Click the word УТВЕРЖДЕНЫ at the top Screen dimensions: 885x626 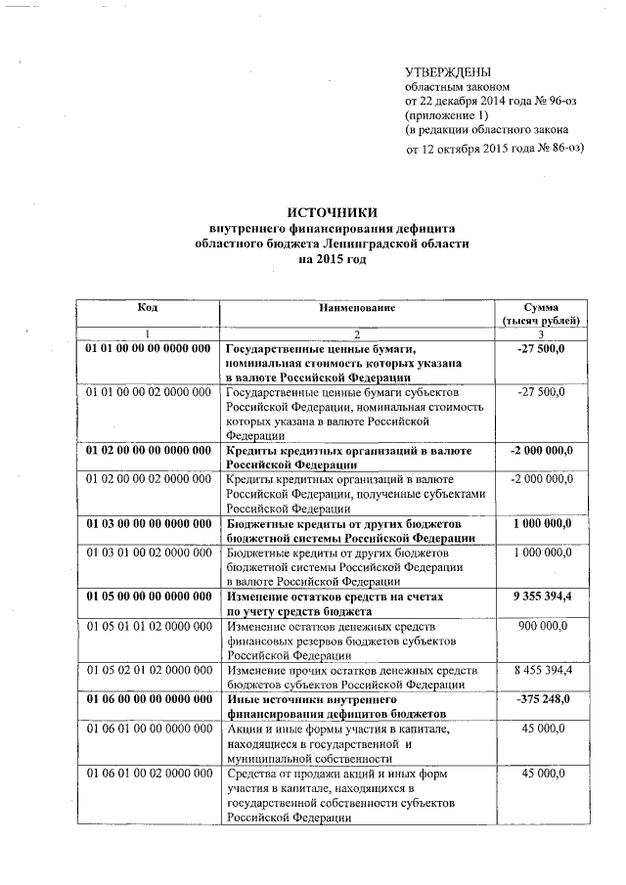tap(449, 71)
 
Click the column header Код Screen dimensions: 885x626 tap(147, 308)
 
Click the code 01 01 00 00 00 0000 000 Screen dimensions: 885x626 tap(148, 348)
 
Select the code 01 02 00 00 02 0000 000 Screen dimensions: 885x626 tap(148, 480)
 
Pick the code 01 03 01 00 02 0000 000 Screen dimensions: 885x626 tap(148, 553)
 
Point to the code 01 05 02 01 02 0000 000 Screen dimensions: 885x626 tap(148, 671)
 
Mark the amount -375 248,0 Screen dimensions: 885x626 tap(542, 700)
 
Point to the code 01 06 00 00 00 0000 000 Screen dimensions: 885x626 tap(148, 700)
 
